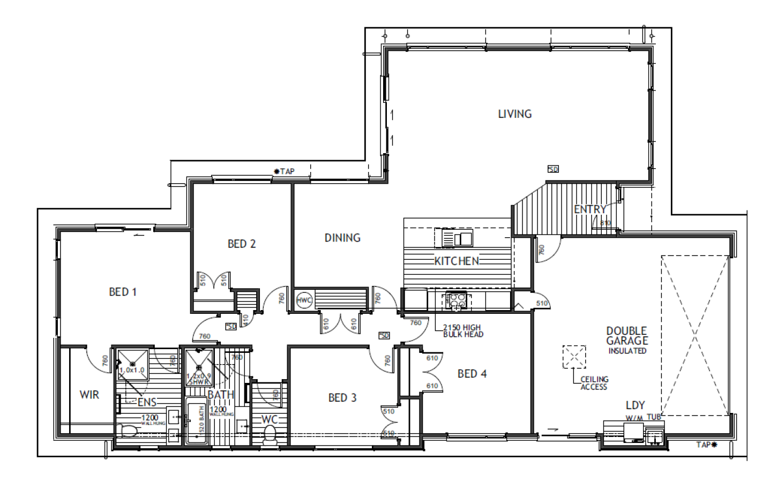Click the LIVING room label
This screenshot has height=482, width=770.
pyautogui.click(x=514, y=114)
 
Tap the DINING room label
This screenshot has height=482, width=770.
pyautogui.click(x=342, y=238)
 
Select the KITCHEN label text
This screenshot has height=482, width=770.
pyautogui.click(x=457, y=261)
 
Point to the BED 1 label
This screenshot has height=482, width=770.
pyautogui.click(x=123, y=292)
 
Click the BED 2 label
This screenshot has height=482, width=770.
pyautogui.click(x=242, y=244)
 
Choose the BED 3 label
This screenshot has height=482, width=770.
pyautogui.click(x=342, y=397)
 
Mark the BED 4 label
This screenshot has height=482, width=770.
pyautogui.click(x=472, y=374)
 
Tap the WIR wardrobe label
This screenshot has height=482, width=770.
pyautogui.click(x=89, y=395)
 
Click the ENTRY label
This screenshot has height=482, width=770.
pyautogui.click(x=590, y=209)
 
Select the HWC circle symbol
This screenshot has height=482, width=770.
pyautogui.click(x=304, y=300)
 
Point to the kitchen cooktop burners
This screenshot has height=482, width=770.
pyautogui.click(x=457, y=301)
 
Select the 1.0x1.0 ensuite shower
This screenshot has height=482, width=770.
pyautogui.click(x=132, y=365)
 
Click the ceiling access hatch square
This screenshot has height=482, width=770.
pyautogui.click(x=574, y=357)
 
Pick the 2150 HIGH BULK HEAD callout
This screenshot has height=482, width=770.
pyautogui.click(x=462, y=331)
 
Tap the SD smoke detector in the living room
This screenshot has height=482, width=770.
pyautogui.click(x=553, y=169)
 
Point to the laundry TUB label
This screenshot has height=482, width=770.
pyautogui.click(x=654, y=417)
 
